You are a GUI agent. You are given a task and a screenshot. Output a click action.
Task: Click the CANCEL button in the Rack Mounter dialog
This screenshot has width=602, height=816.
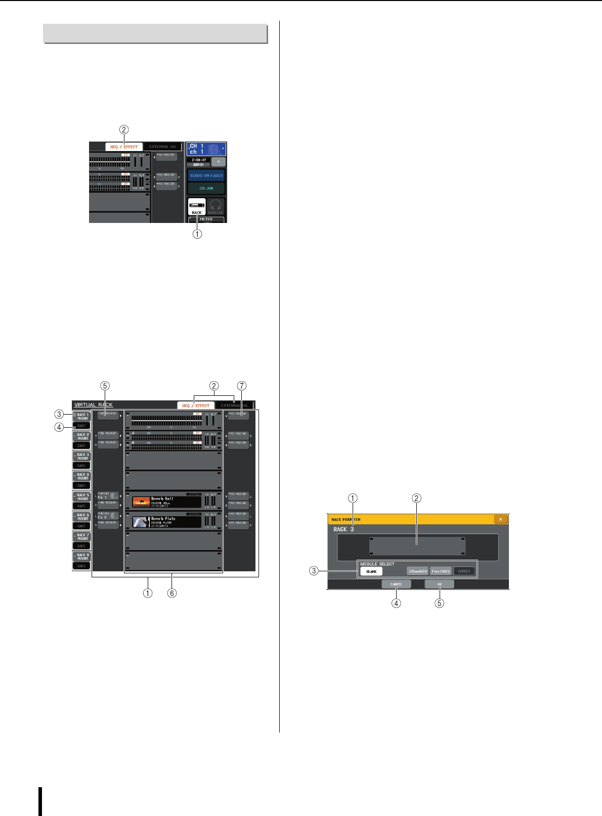[396, 584]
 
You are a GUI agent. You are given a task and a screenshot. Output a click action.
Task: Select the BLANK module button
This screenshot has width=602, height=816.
[371, 571]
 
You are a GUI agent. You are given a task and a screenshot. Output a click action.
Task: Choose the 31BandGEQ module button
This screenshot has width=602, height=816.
[417, 571]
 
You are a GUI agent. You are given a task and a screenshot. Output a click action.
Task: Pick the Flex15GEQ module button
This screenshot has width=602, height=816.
[441, 571]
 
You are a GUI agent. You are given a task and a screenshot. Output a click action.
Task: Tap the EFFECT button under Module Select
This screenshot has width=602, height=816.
[464, 571]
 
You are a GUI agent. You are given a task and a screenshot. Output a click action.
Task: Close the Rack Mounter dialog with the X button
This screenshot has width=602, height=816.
[500, 519]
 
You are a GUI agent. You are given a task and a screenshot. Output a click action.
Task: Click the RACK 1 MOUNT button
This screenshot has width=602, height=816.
[82, 417]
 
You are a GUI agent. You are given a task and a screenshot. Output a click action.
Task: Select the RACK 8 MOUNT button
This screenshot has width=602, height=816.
[82, 557]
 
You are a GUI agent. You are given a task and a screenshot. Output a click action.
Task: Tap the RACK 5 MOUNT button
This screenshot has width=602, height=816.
[82, 496]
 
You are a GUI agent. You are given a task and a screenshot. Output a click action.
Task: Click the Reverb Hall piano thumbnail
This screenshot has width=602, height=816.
[141, 502]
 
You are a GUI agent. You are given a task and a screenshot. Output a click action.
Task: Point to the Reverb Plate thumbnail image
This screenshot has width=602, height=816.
[141, 522]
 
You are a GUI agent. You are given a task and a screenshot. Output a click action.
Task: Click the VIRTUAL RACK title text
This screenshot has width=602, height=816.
[94, 405]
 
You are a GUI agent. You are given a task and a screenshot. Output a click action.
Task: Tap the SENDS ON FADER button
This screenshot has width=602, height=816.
[206, 176]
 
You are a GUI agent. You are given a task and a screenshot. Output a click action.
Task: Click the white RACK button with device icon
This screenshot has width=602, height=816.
[197, 207]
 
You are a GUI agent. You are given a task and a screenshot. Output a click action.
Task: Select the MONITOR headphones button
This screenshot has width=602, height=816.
[216, 207]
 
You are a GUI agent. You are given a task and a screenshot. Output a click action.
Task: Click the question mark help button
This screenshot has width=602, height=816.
[219, 162]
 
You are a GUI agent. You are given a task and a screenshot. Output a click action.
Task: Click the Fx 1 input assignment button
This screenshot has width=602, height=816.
[108, 495]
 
